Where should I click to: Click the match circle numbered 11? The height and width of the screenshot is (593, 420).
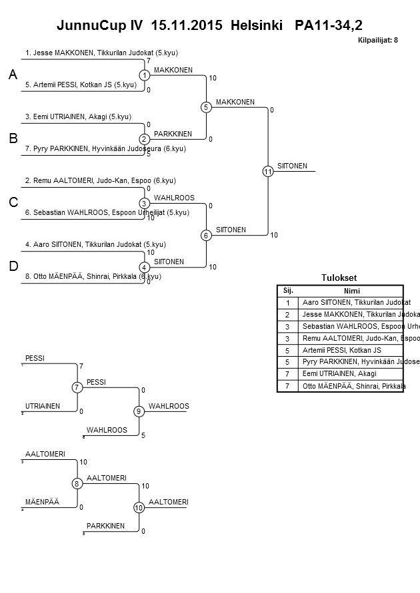tap(268, 172)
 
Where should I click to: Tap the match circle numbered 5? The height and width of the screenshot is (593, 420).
tap(206, 107)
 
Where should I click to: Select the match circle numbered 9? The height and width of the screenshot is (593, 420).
tap(139, 411)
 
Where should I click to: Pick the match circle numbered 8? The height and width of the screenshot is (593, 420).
tap(77, 483)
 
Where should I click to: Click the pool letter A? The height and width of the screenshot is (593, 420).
tap(13, 76)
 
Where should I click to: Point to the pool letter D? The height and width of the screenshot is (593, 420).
tap(13, 267)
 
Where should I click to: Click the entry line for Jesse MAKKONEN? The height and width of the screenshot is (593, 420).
tap(101, 53)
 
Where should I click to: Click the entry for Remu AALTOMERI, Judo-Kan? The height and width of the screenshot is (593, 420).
tap(100, 180)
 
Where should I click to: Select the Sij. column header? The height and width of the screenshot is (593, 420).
tap(288, 290)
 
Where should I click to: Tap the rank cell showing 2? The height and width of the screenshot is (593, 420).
tap(288, 314)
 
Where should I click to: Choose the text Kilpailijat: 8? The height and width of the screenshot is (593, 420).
tap(378, 41)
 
